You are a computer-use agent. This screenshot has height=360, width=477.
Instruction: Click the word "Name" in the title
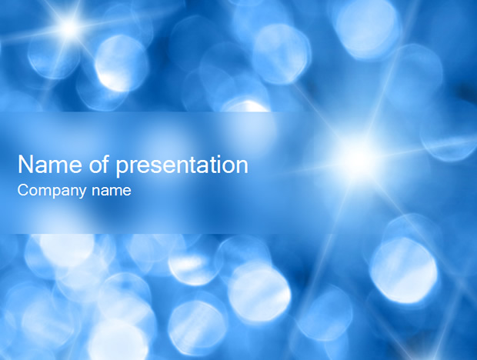pyautogui.click(x=50, y=165)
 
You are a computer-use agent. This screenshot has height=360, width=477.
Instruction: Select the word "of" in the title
pyautogui.click(x=99, y=164)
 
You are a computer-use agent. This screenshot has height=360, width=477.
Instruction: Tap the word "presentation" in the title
pyautogui.click(x=182, y=166)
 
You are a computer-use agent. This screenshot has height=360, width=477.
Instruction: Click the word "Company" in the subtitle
pyautogui.click(x=52, y=192)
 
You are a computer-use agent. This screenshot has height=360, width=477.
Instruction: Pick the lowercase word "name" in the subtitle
pyautogui.click(x=112, y=192)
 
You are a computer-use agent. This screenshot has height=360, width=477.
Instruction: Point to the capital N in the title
pyautogui.click(x=26, y=165)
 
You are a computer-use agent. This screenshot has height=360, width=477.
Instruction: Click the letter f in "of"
pyautogui.click(x=105, y=164)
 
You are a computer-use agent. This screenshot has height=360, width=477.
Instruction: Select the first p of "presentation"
pyautogui.click(x=122, y=168)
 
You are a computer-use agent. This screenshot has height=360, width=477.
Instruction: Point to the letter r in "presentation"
pyautogui.click(x=135, y=166)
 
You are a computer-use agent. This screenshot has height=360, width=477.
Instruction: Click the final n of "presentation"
pyautogui.click(x=242, y=166)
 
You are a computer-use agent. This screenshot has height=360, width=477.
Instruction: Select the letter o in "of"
pyautogui.click(x=95, y=167)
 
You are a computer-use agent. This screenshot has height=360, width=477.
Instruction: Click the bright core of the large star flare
pyautogui.click(x=359, y=157)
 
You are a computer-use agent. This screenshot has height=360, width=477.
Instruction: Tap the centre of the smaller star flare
pyautogui.click(x=69, y=28)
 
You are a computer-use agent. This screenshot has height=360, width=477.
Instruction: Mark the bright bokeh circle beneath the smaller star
pyautogui.click(x=121, y=64)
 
